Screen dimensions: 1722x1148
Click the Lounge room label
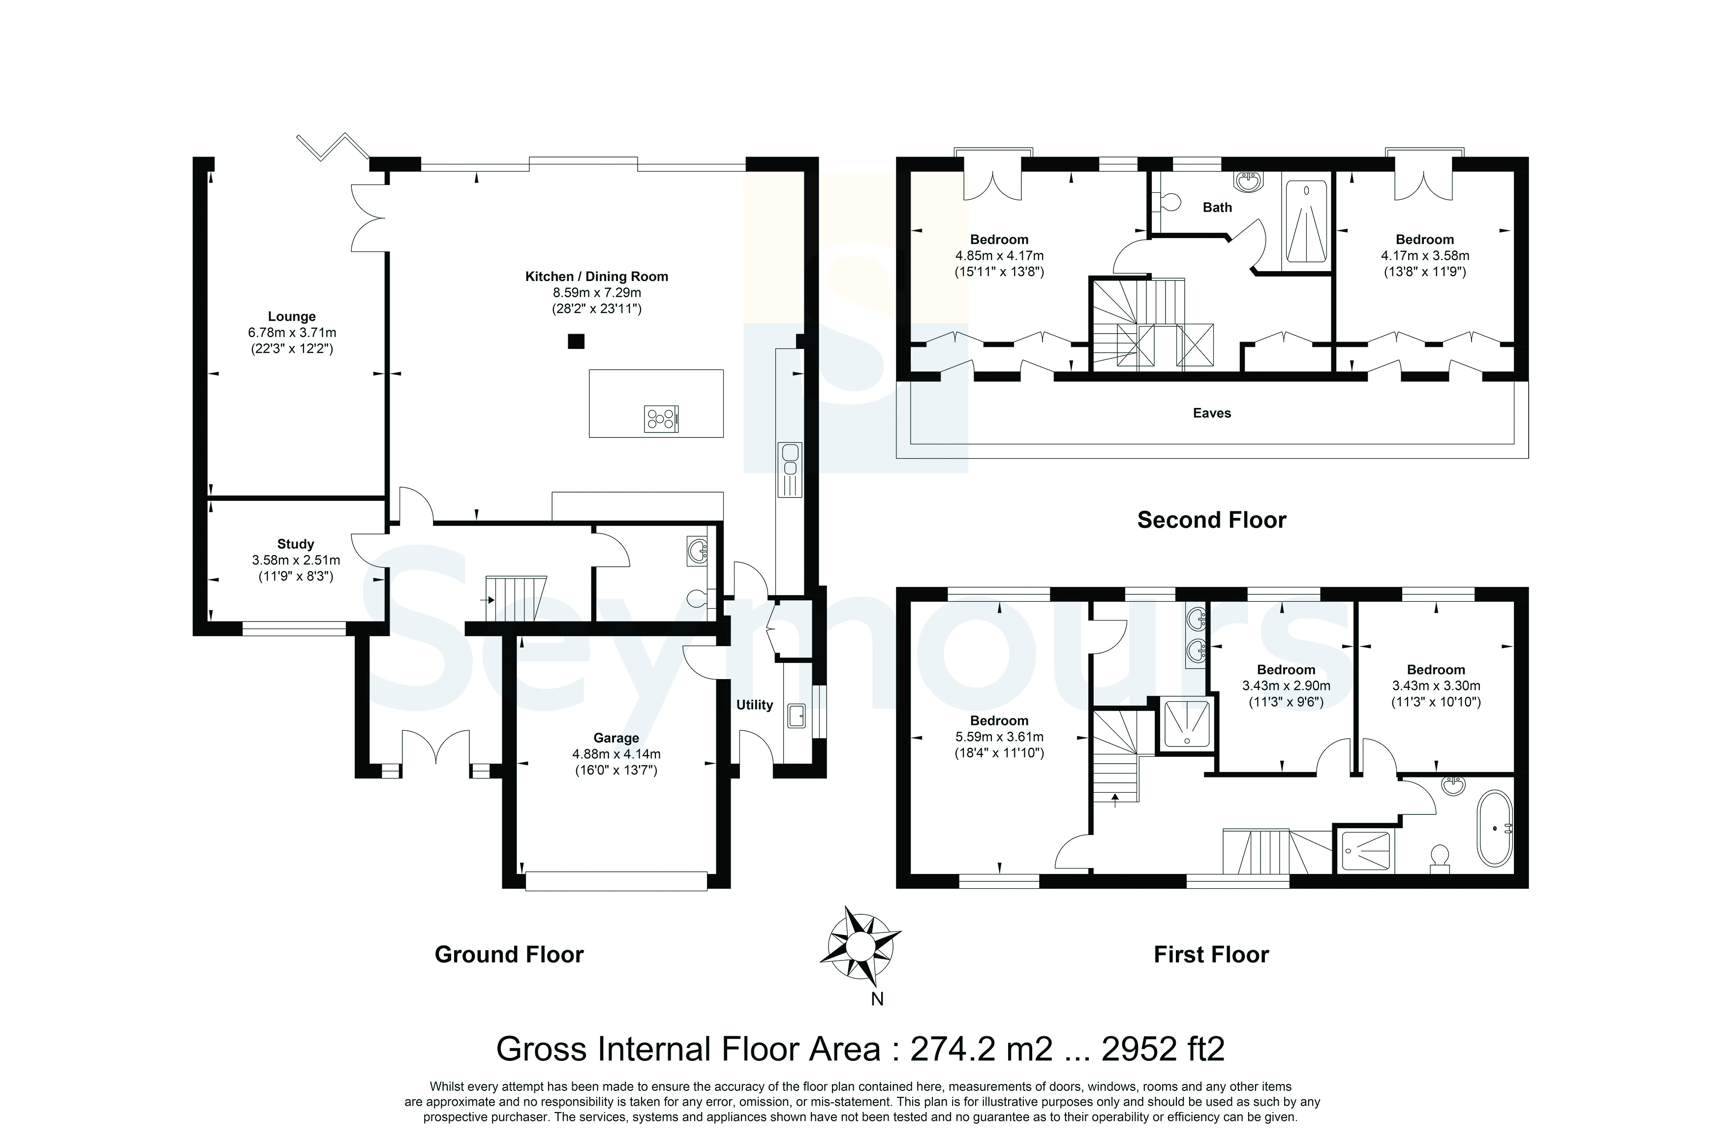pyautogui.click(x=291, y=316)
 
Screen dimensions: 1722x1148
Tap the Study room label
pyautogui.click(x=296, y=544)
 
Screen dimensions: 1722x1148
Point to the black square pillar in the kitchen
pyautogui.click(x=577, y=341)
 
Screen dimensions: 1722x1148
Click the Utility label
pyautogui.click(x=755, y=705)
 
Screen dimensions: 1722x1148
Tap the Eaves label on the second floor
pyautogui.click(x=1212, y=413)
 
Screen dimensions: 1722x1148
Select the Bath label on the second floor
pyautogui.click(x=1217, y=207)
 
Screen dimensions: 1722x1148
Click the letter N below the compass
pyautogui.click(x=877, y=999)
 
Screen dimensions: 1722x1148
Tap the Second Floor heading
pyautogui.click(x=1211, y=520)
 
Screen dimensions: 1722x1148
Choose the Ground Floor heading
pyautogui.click(x=509, y=955)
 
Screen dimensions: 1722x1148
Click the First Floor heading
pyautogui.click(x=1211, y=955)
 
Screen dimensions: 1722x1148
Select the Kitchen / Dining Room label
pyautogui.click(x=596, y=277)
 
